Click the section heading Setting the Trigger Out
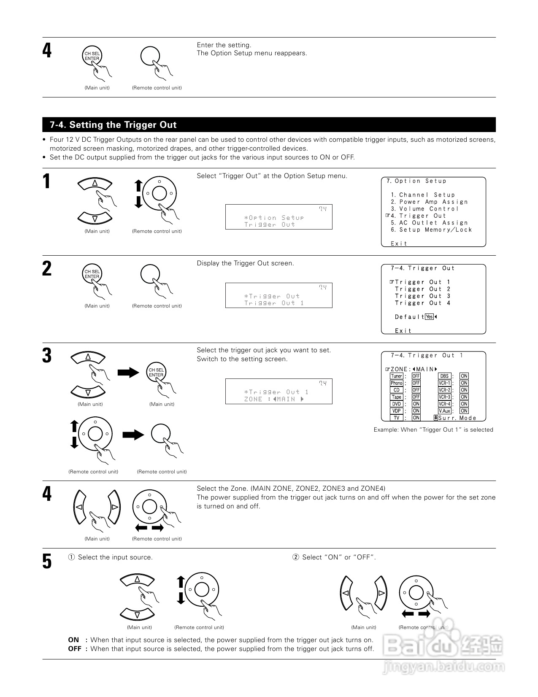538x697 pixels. click(x=113, y=125)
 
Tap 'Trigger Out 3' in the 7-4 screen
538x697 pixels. click(x=422, y=296)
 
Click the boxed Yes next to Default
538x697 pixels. click(x=430, y=317)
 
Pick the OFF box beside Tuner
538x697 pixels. click(x=416, y=376)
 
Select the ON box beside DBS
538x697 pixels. click(x=464, y=376)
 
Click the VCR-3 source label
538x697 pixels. click(x=444, y=397)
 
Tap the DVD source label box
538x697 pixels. click(x=397, y=404)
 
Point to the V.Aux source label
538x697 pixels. click(x=445, y=411)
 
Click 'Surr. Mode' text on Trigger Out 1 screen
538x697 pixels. click(x=457, y=418)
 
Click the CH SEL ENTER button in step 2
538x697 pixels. click(x=92, y=274)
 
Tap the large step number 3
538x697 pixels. click(x=47, y=356)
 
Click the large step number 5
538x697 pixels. click(x=47, y=562)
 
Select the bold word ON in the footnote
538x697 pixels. click(x=73, y=640)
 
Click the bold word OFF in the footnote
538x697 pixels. click(x=75, y=649)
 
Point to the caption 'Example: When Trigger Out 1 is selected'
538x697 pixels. click(x=433, y=430)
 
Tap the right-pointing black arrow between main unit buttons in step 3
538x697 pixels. click(x=128, y=372)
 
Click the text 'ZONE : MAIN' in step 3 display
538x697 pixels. click(x=273, y=399)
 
